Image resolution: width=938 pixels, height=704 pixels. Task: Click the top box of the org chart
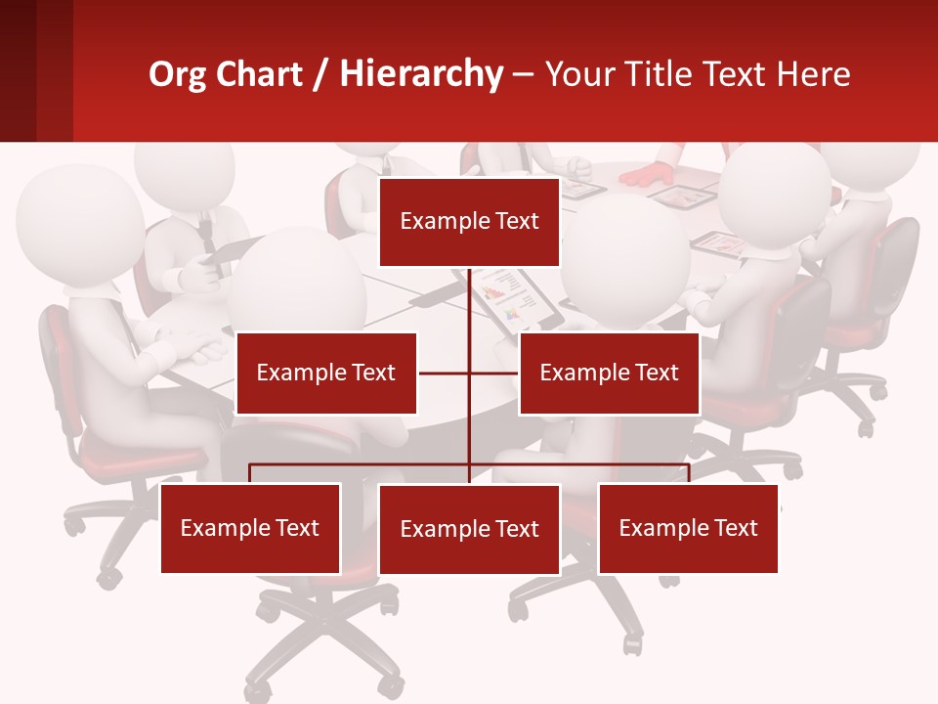(x=469, y=222)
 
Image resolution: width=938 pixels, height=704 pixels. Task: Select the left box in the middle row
(x=326, y=373)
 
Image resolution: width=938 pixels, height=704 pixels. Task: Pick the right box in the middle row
(x=609, y=373)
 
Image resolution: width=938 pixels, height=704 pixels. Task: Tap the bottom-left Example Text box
(x=250, y=528)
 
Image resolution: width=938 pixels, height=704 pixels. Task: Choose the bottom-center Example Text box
(x=469, y=529)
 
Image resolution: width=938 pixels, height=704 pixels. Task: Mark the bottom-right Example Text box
(x=688, y=528)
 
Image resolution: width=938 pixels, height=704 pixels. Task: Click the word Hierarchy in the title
(x=421, y=74)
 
